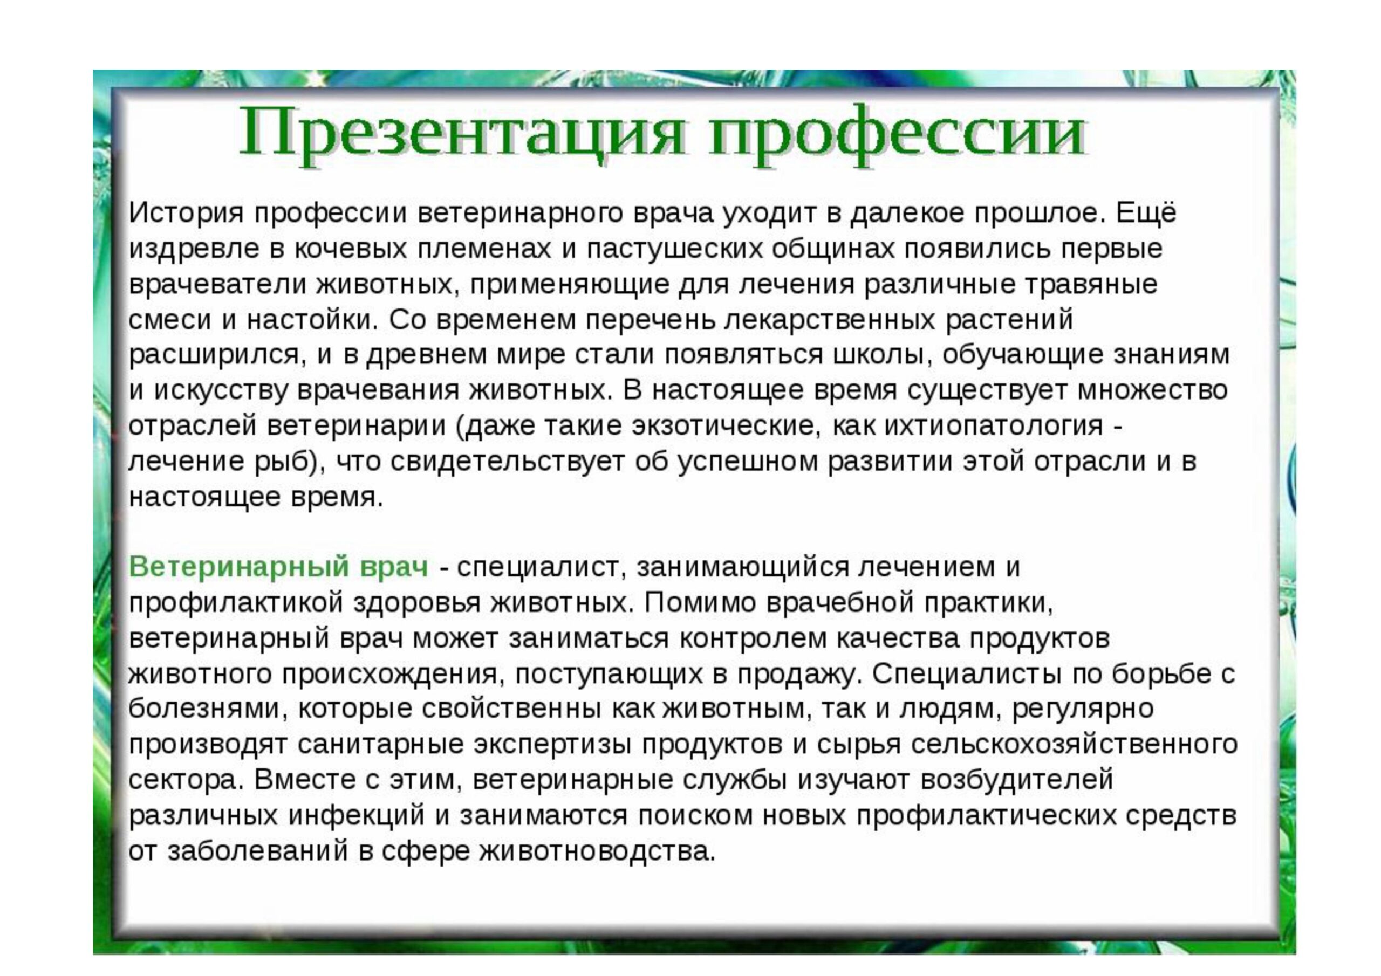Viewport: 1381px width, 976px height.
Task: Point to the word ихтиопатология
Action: (994, 427)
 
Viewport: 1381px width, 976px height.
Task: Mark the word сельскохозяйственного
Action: (1074, 745)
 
